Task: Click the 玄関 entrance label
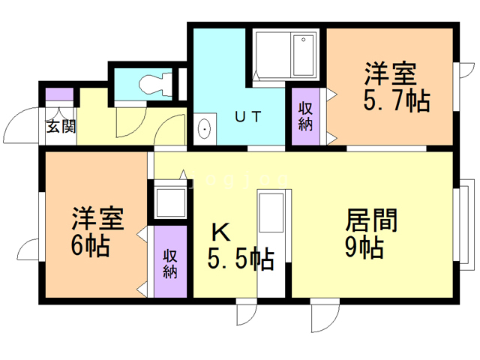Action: point(61,126)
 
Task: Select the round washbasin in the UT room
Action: point(204,129)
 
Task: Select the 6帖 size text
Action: point(91,245)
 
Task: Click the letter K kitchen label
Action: point(220,232)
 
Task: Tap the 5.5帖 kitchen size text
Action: point(239,259)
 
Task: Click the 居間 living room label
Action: point(370,220)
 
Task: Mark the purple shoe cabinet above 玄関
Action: point(60,95)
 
